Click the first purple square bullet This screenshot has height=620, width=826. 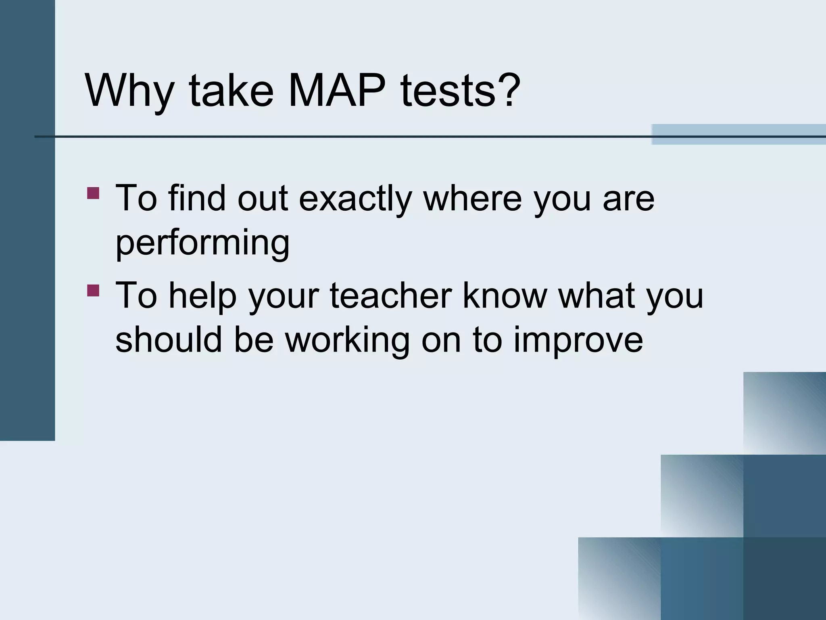tap(93, 193)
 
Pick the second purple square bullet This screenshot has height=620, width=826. tap(93, 290)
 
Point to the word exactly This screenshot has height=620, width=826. tap(355, 199)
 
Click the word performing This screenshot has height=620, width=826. tap(202, 244)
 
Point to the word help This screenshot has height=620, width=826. tap(202, 297)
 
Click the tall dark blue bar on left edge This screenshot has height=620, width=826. tap(27, 220)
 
